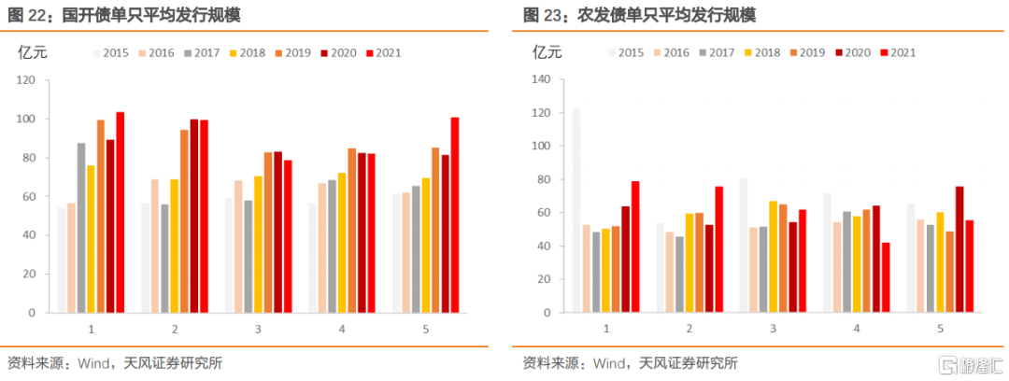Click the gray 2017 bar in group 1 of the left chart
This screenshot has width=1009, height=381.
(81, 227)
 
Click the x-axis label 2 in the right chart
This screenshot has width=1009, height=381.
(689, 329)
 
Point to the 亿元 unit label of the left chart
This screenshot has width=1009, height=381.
(33, 52)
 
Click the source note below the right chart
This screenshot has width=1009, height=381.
(630, 362)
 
